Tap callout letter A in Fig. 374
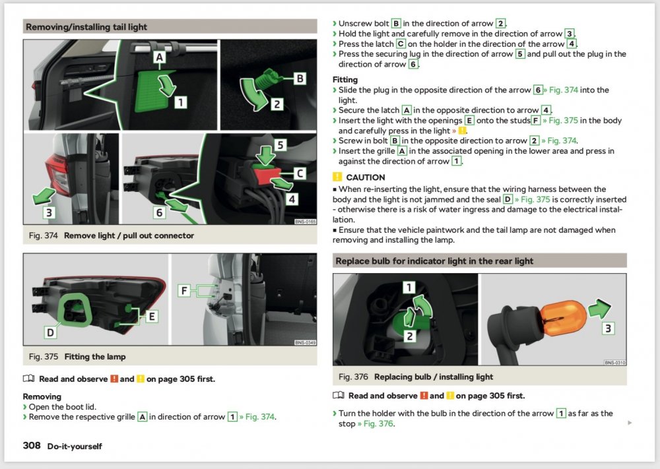[x=160, y=57]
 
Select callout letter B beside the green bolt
[x=300, y=78]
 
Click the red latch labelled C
[x=267, y=173]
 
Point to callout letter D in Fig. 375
[x=50, y=332]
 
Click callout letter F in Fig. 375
[x=184, y=290]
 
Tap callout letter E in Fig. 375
[x=152, y=317]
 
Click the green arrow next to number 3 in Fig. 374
[x=44, y=196]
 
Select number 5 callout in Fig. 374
[x=280, y=146]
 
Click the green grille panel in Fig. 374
[x=153, y=90]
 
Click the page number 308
[x=32, y=445]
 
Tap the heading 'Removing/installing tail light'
[x=86, y=27]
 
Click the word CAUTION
[x=366, y=177]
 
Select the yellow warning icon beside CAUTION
[x=337, y=177]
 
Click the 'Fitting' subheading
[x=345, y=80]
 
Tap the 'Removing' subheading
[x=42, y=396]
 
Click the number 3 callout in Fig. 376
[x=608, y=328]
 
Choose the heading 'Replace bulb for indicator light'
[x=434, y=261]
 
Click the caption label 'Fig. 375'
[x=44, y=357]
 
